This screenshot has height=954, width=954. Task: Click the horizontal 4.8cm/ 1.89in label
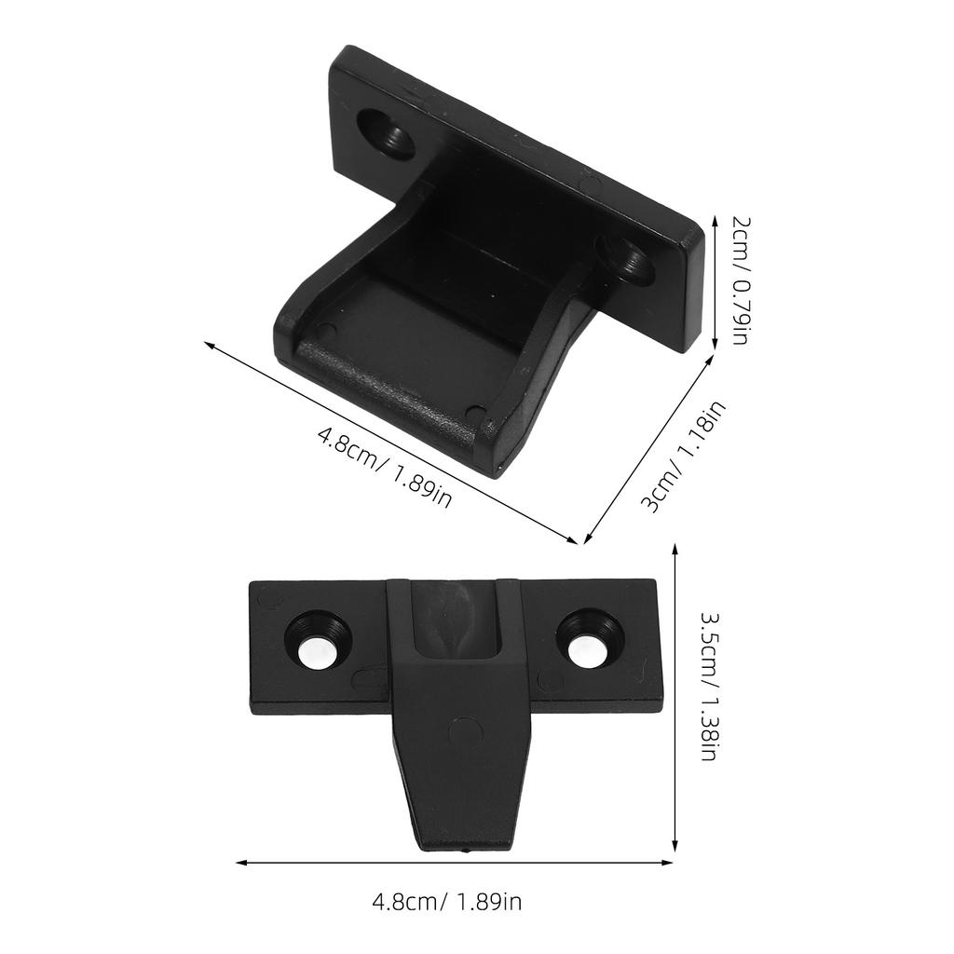446,902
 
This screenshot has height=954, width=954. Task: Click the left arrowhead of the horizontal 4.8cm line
240,863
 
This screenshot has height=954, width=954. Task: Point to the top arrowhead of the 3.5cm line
675,551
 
